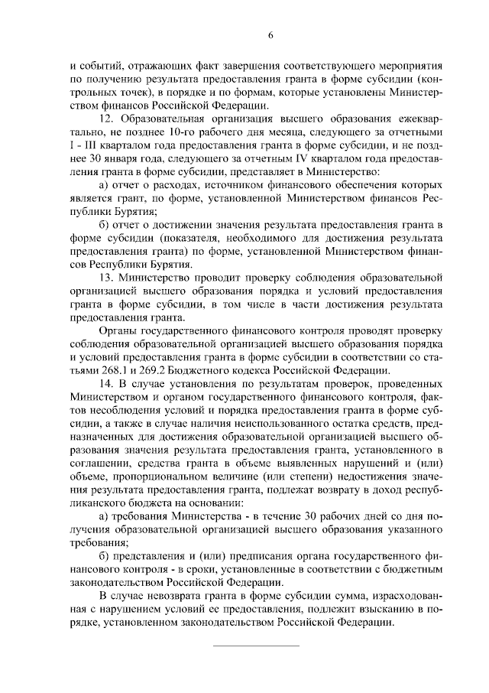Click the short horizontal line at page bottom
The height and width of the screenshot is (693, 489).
[x=255, y=647]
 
